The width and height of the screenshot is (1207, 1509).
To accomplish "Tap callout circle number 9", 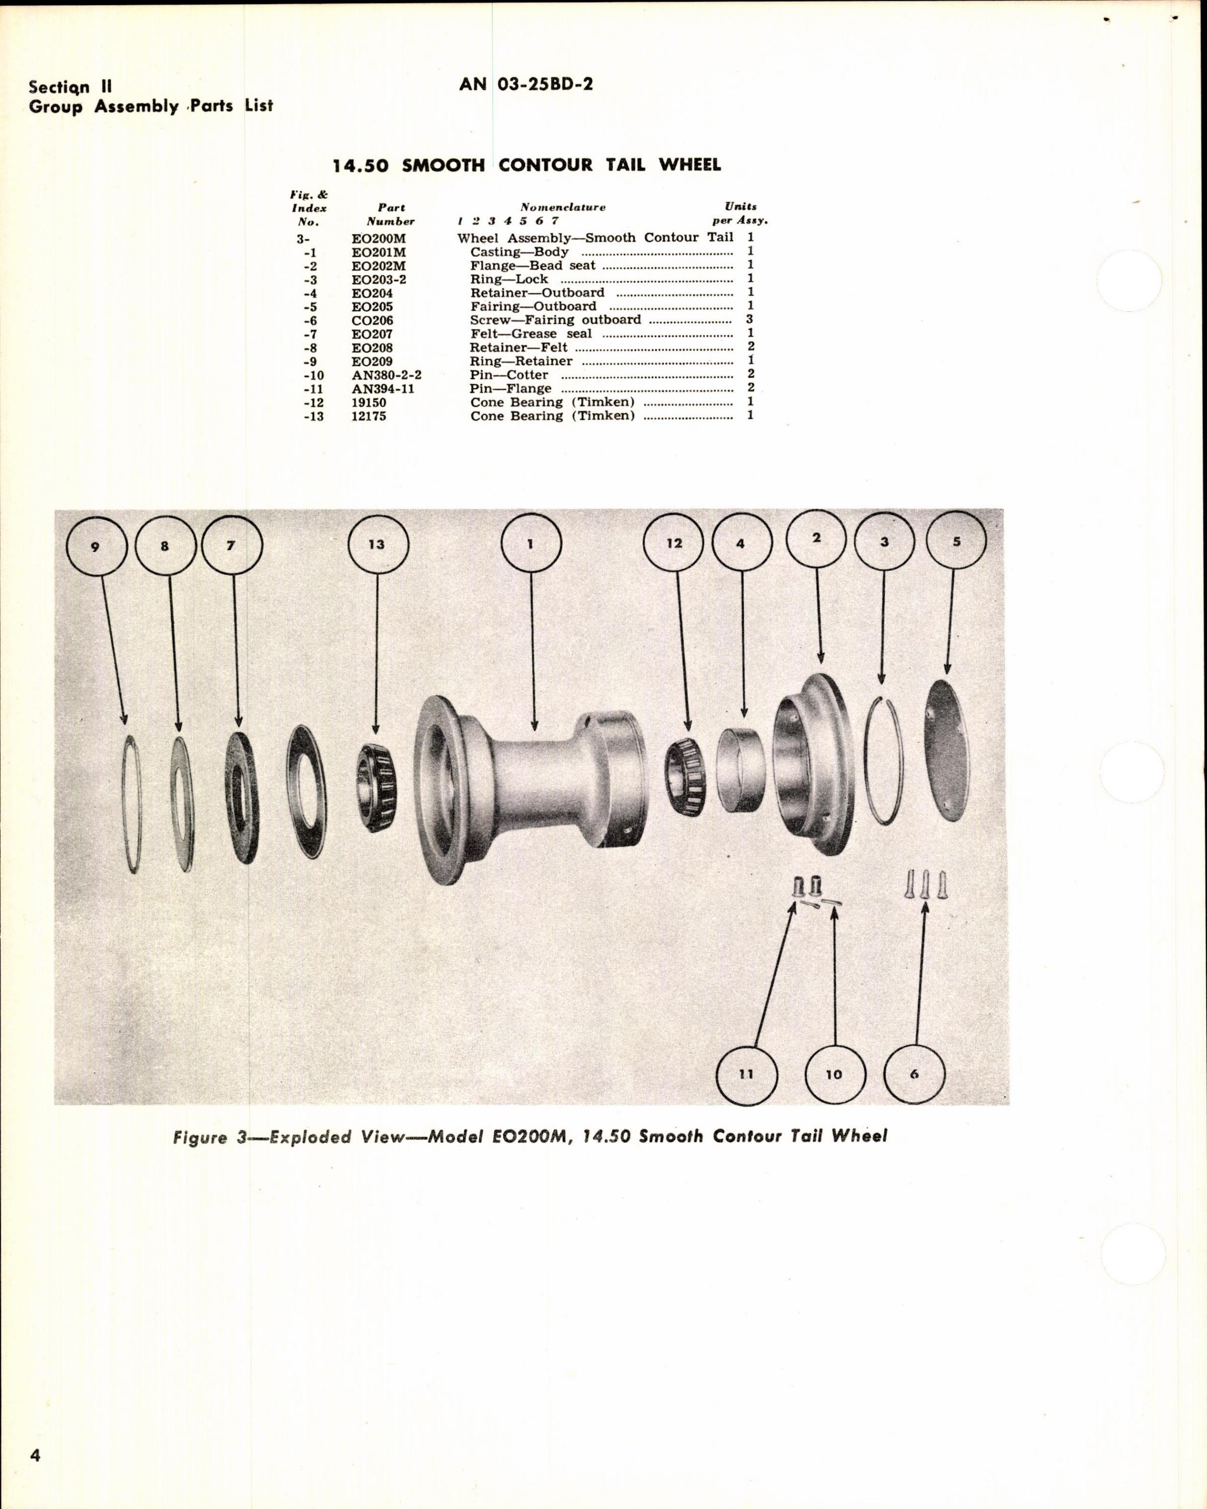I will (x=96, y=546).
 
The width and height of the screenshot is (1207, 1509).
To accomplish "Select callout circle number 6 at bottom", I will (x=914, y=1074).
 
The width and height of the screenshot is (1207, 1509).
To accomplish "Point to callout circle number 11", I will (x=747, y=1074).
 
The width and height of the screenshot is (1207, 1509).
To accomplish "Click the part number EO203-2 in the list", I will (x=379, y=279).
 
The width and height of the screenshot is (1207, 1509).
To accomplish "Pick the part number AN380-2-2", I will (x=386, y=375).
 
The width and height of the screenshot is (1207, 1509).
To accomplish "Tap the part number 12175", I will (x=369, y=416).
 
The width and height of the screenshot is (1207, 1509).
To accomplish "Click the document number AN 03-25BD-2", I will (x=526, y=85).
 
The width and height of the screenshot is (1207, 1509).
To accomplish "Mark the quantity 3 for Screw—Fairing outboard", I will (x=750, y=320).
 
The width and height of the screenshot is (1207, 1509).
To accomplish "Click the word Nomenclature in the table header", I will (x=563, y=207).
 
